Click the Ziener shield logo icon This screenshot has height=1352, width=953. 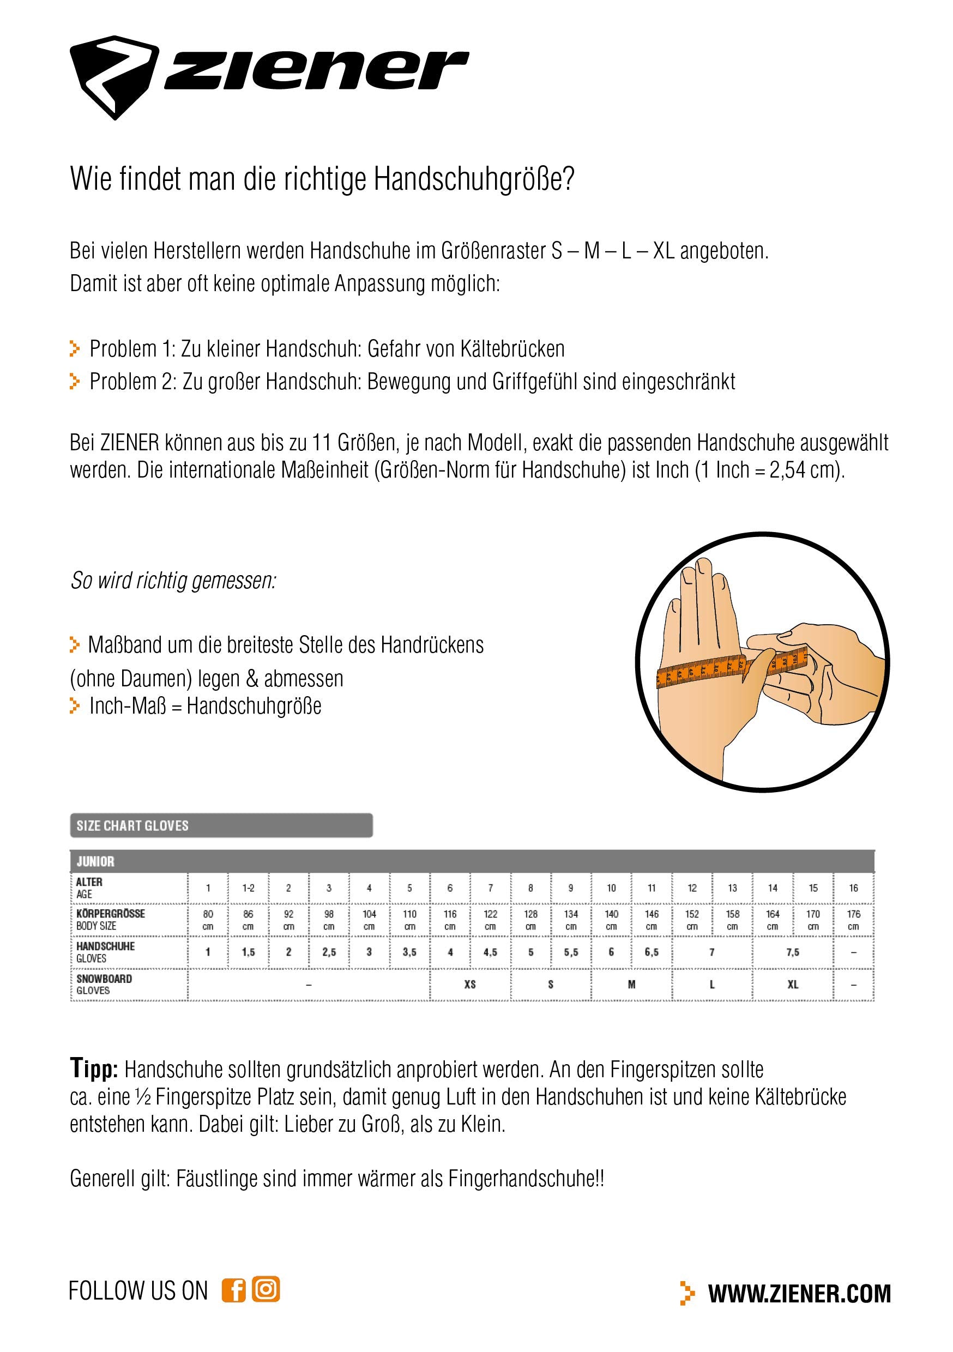pos(114,76)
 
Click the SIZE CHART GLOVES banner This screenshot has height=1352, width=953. pos(221,825)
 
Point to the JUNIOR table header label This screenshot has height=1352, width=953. pos(95,861)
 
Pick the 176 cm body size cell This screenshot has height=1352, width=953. pos(853,920)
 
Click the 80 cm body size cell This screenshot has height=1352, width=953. pos(208,920)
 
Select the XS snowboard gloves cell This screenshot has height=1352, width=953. pos(469,984)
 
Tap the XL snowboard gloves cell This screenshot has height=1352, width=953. pos(792,984)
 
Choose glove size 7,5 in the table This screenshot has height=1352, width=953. pos(792,952)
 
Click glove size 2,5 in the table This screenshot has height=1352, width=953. pos(329,952)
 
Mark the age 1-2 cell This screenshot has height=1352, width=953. pos(248,888)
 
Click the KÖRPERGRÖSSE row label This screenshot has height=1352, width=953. pos(111,914)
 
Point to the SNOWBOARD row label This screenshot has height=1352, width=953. pos(104,978)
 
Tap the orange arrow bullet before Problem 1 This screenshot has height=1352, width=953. pos(75,348)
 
